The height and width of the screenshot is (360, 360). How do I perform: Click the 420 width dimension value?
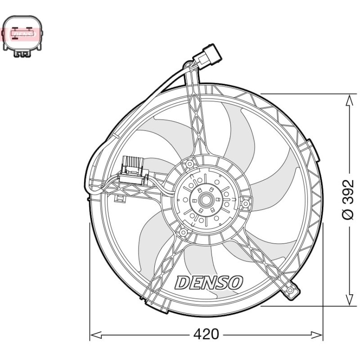(206, 334)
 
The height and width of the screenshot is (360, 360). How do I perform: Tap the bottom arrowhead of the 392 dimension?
(350, 300)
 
